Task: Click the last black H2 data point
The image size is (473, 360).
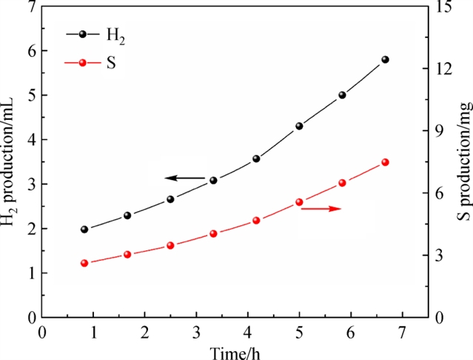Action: pyautogui.click(x=385, y=59)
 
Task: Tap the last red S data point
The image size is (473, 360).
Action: pyautogui.click(x=385, y=162)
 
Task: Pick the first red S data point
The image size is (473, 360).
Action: pyautogui.click(x=84, y=263)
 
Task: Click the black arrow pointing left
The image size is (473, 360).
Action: pyautogui.click(x=184, y=178)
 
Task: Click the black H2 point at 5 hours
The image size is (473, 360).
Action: pyautogui.click(x=299, y=126)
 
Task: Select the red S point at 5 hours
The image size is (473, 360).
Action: pyautogui.click(x=299, y=202)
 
